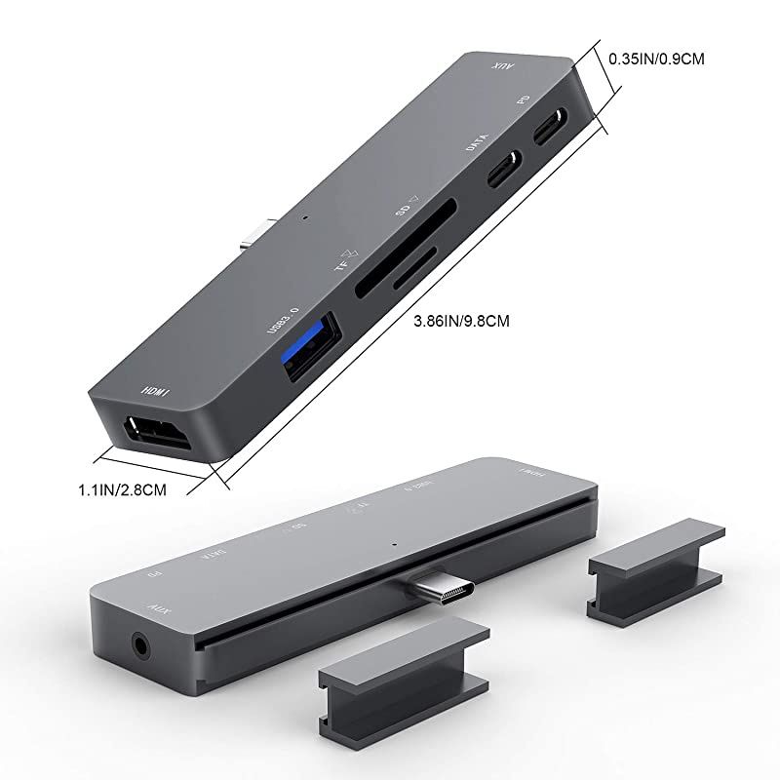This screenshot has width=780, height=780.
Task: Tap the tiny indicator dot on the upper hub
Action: (x=306, y=218)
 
